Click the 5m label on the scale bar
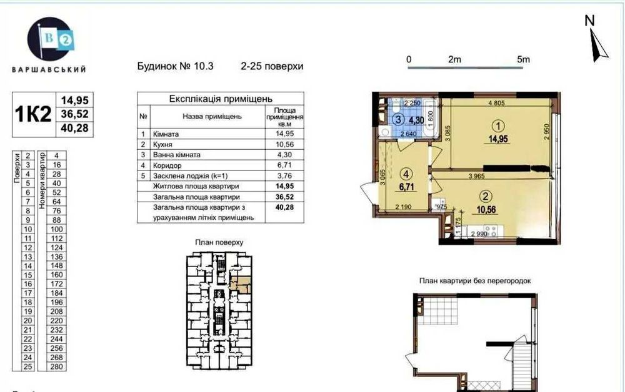[x=523, y=60]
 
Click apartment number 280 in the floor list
[x=56, y=367]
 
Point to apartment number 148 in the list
[x=56, y=265]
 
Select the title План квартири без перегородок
[x=475, y=281]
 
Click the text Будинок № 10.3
[x=174, y=66]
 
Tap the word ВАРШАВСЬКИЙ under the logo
[x=49, y=69]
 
